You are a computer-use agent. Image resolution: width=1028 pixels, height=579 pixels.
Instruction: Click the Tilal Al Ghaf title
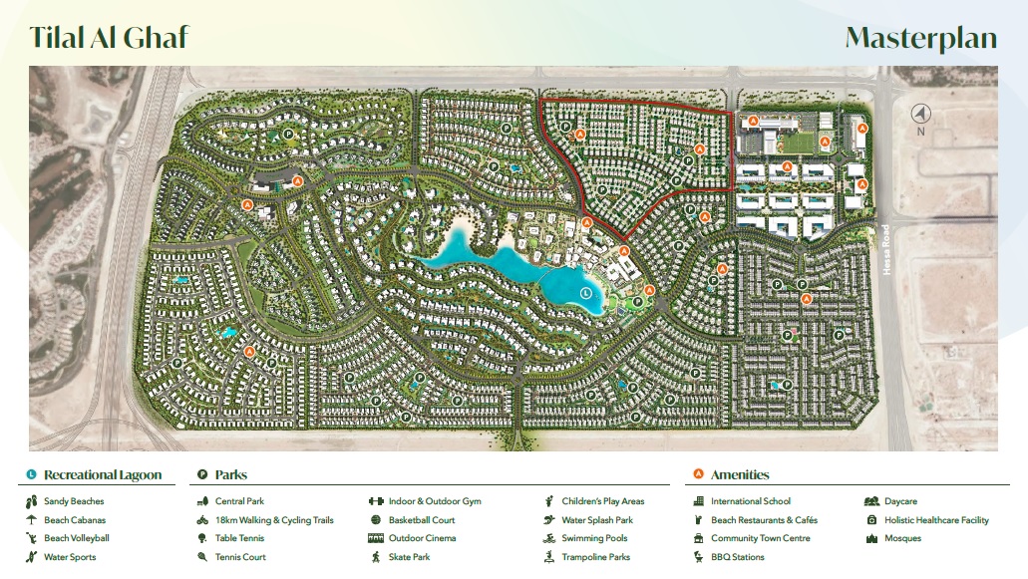coord(109,38)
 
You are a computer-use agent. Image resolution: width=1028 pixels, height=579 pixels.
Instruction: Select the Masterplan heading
coord(920,38)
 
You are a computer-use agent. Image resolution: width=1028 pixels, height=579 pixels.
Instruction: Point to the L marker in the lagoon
coord(585,293)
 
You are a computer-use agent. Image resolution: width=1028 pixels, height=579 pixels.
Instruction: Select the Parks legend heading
coord(230,475)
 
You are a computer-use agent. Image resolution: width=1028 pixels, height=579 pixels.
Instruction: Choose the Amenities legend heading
coord(739,475)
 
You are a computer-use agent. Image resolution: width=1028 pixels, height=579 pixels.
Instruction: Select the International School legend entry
coord(750,501)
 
